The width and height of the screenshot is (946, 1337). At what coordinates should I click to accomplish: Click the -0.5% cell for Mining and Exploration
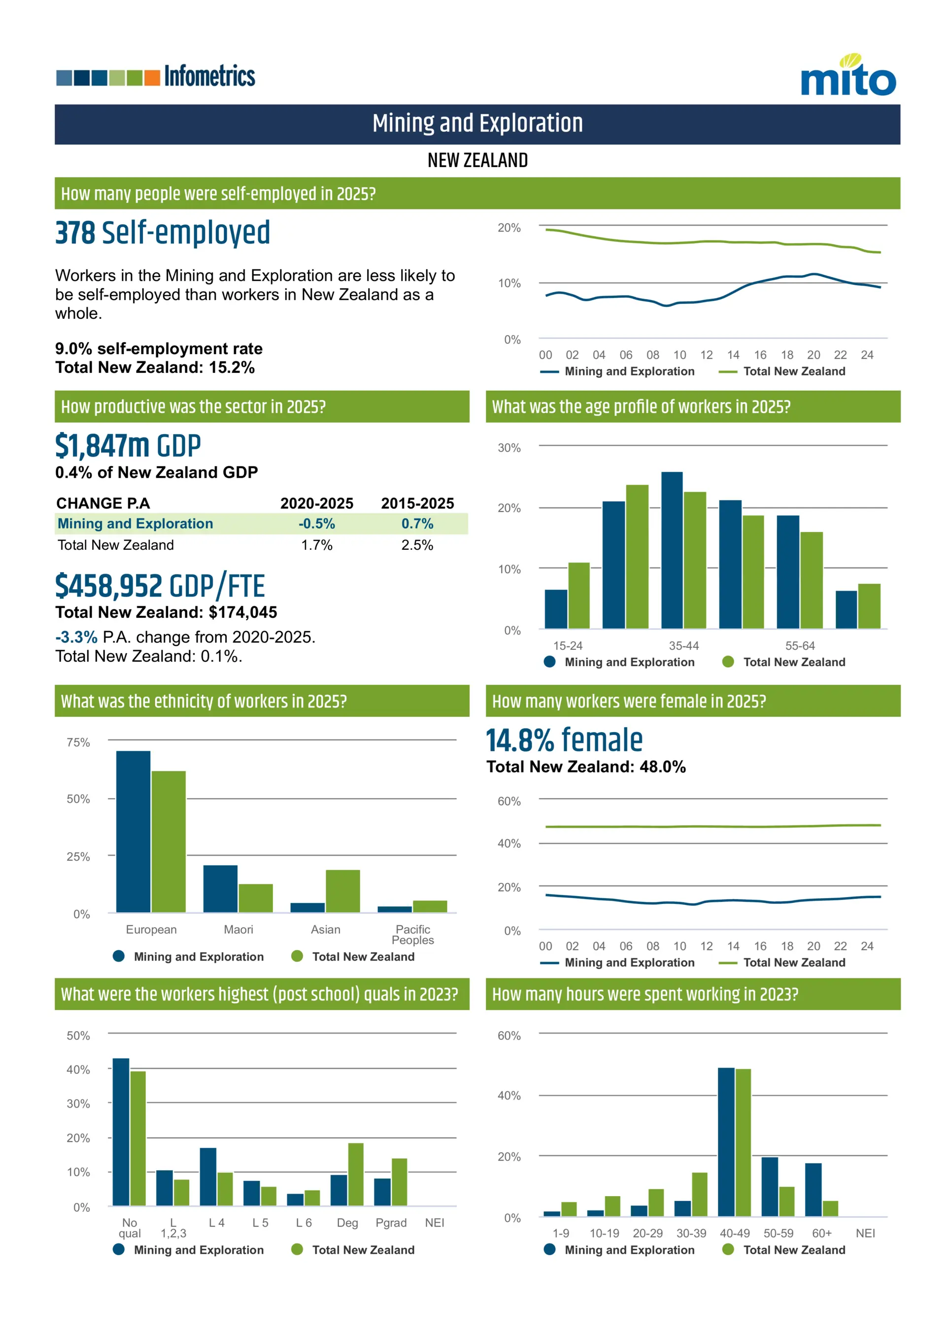click(316, 524)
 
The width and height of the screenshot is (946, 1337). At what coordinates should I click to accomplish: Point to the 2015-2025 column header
click(417, 503)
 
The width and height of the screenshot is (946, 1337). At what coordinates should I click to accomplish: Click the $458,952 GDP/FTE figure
click(160, 586)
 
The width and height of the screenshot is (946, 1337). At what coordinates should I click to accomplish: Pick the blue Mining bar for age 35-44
click(672, 550)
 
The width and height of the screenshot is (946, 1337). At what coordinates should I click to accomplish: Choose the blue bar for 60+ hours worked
click(813, 1190)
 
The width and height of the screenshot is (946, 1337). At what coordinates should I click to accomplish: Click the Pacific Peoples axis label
click(412, 935)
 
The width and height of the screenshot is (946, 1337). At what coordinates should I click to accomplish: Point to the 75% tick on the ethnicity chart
click(78, 742)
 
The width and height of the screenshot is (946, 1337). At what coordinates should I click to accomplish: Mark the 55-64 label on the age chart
click(800, 646)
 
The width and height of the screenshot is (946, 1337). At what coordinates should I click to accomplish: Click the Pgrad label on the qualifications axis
click(391, 1223)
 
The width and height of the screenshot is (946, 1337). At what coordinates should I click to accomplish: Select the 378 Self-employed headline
click(163, 233)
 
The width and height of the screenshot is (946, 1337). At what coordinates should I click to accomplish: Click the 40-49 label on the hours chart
click(735, 1234)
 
